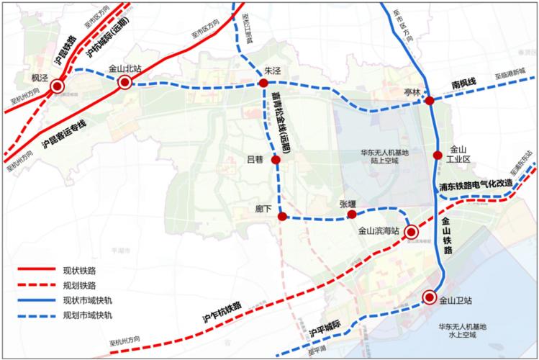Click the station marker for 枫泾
tap(58, 87)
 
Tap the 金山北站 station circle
tap(125, 84)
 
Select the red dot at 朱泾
tap(263, 84)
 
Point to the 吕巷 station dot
tap(276, 159)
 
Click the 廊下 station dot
tap(282, 216)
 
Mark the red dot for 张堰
tap(352, 215)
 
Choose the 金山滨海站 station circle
tap(411, 232)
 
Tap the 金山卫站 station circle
tap(430, 297)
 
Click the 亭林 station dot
tap(430, 102)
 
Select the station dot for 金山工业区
tap(437, 155)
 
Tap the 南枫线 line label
tap(465, 85)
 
